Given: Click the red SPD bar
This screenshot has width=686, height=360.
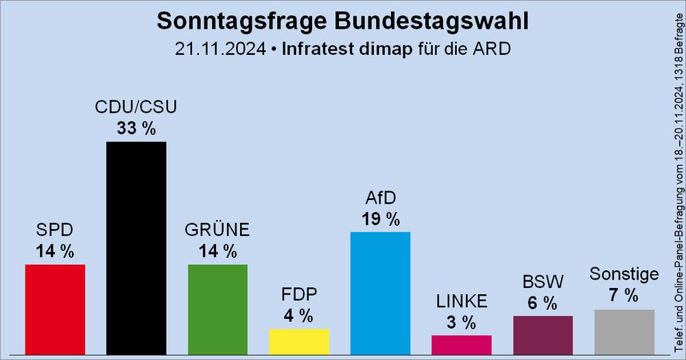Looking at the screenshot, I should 55,309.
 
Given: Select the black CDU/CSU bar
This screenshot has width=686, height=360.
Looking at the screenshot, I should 136,248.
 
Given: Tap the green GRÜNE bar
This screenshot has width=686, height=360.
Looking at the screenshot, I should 217,309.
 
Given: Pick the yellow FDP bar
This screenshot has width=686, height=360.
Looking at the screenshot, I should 299,341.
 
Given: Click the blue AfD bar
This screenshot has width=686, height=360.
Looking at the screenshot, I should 380,293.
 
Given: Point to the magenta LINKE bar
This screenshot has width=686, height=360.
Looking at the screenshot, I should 461,345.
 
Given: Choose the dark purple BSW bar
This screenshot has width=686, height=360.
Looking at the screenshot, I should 543,335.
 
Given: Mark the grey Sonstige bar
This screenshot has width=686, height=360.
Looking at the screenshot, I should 624,332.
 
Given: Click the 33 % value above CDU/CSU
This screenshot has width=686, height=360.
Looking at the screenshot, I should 136,128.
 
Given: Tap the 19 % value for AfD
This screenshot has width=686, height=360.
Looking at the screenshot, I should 380,219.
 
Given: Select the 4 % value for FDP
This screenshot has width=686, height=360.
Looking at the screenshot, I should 299,316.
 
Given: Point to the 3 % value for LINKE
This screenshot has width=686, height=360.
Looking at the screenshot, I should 461,322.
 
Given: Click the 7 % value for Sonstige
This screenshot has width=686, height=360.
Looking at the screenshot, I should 624,296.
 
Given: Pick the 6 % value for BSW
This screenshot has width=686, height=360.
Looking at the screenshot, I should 543,302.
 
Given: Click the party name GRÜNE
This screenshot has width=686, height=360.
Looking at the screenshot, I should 217,230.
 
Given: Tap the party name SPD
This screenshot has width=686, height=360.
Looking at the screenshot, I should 55,230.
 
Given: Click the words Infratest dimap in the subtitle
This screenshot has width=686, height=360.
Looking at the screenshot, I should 348,49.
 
